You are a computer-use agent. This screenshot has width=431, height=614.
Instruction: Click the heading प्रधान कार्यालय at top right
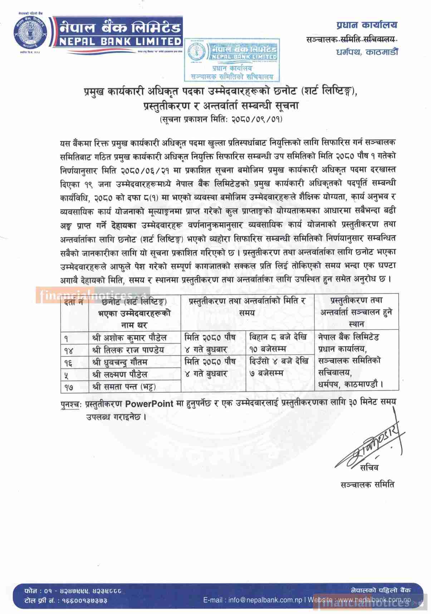[367, 25]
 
